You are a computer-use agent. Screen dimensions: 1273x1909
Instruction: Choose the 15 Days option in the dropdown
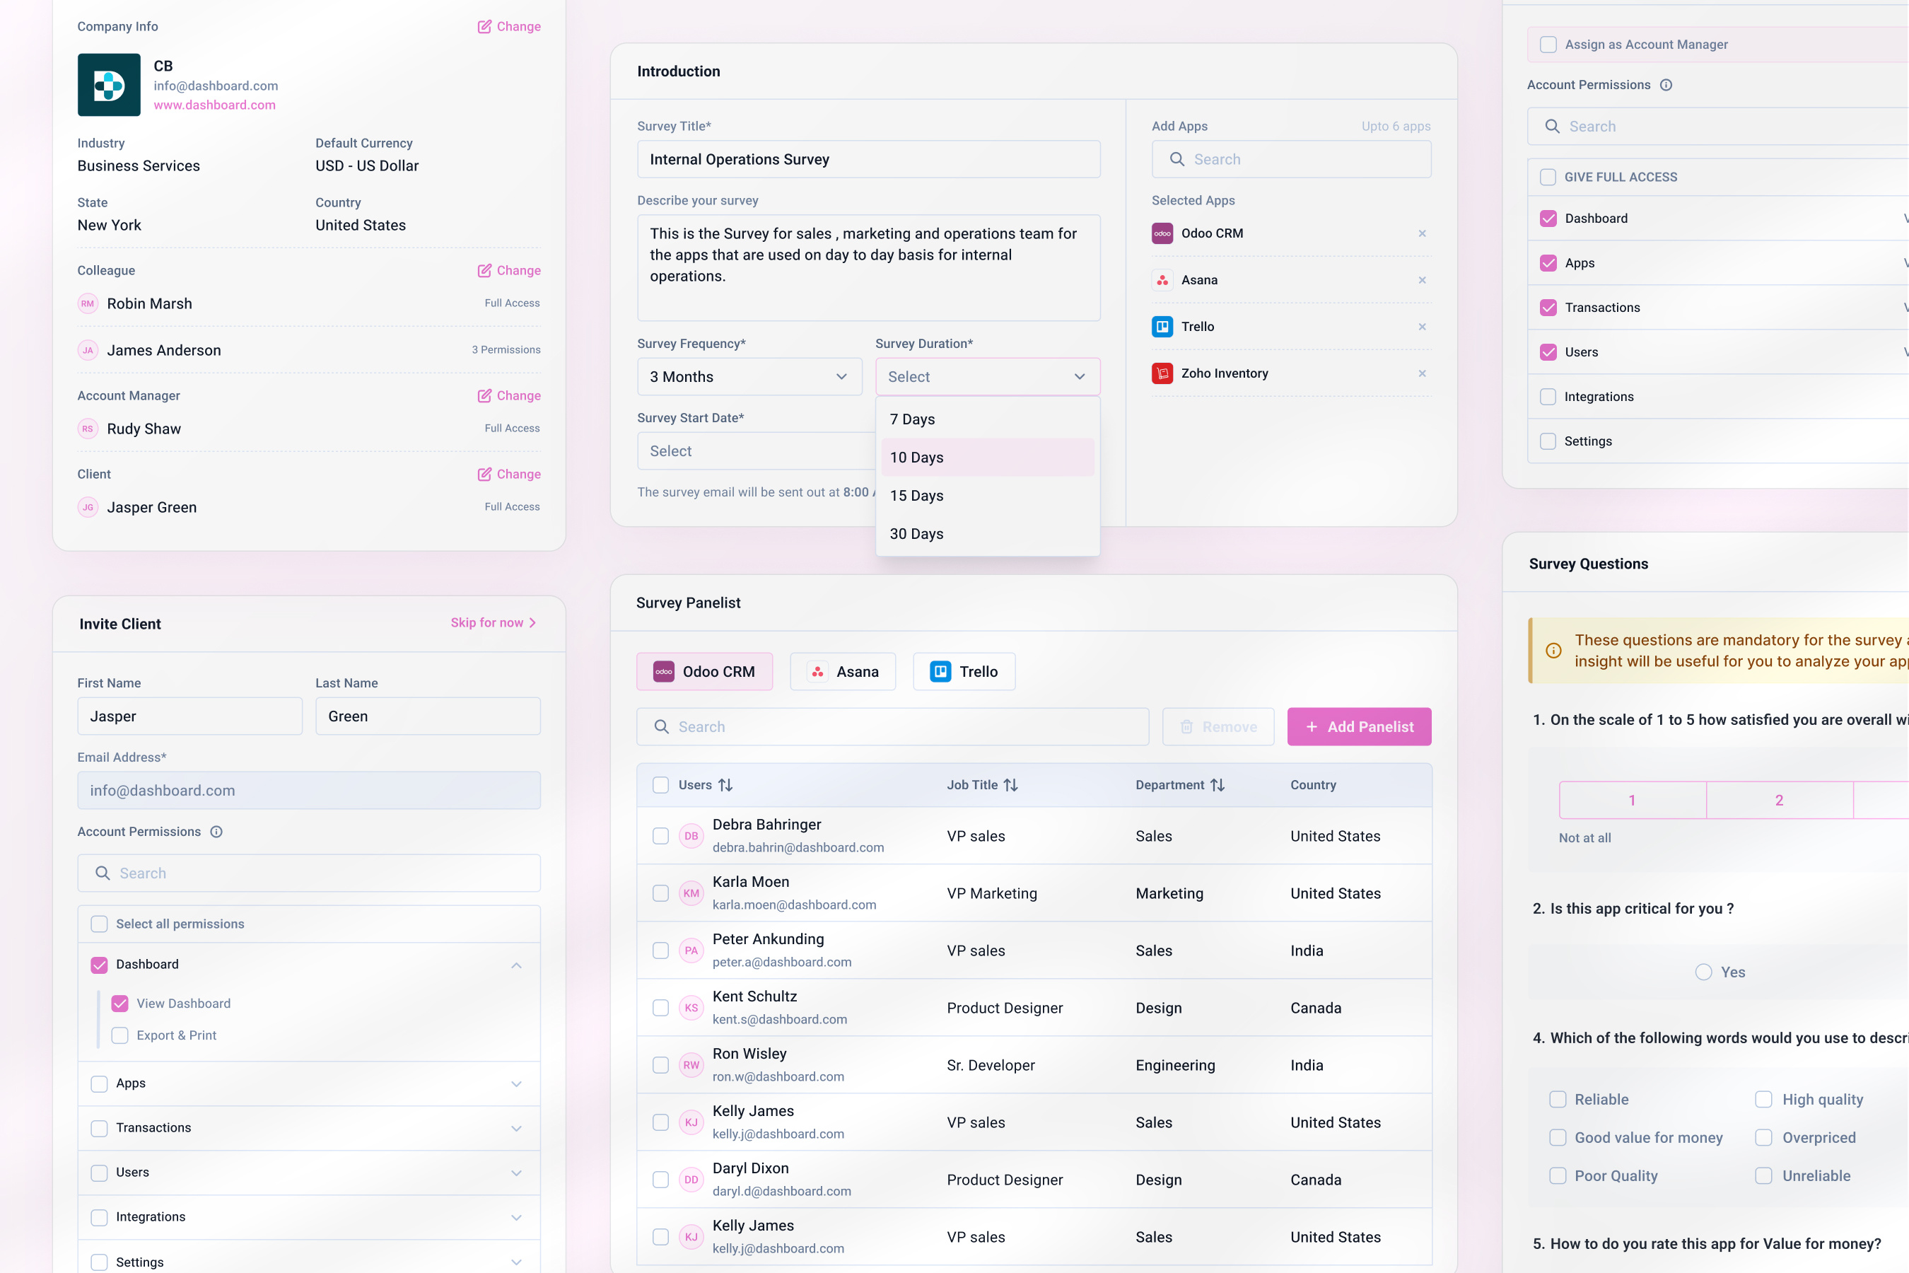tap(916, 495)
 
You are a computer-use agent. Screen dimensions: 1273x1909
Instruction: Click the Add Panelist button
tap(1359, 726)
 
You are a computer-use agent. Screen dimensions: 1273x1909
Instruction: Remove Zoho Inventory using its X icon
tap(1422, 373)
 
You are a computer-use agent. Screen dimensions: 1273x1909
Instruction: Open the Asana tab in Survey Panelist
tap(843, 671)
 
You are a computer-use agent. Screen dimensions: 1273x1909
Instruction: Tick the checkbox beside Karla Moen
tap(660, 893)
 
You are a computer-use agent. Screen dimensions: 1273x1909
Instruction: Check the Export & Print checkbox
tap(120, 1035)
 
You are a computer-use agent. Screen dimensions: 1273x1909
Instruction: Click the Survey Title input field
tap(868, 159)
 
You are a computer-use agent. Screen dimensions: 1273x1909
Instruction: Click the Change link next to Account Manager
tap(509, 395)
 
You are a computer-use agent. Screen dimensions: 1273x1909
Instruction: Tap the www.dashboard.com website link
tap(214, 105)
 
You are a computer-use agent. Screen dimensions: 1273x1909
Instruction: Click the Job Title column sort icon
tap(1010, 785)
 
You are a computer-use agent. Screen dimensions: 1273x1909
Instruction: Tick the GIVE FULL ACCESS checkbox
tap(1548, 177)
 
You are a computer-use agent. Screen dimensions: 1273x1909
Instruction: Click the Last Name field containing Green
tap(428, 716)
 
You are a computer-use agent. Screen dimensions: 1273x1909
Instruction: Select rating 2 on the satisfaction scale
tap(1779, 801)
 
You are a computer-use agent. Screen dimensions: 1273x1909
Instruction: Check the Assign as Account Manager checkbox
tap(1548, 45)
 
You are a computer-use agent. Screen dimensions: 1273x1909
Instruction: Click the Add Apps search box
tap(1290, 159)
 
